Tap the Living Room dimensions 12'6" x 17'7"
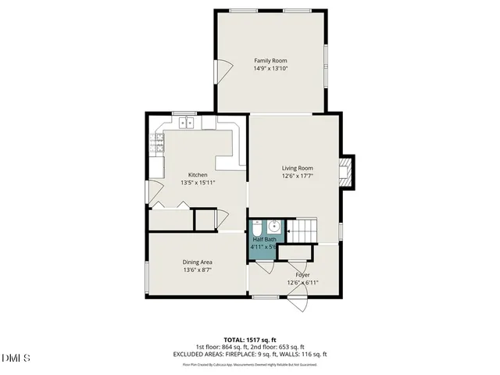pyautogui.click(x=298, y=176)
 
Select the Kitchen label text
pyautogui.click(x=198, y=174)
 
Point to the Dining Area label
pyautogui.click(x=198, y=262)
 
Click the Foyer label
pyautogui.click(x=302, y=275)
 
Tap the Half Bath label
pyautogui.click(x=264, y=239)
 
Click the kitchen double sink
pyautogui.click(x=187, y=123)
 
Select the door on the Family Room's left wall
pyautogui.click(x=221, y=74)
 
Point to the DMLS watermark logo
pyautogui.click(x=16, y=358)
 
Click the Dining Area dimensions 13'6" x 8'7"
pyautogui.click(x=198, y=270)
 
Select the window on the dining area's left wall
pyautogui.click(x=147, y=277)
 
